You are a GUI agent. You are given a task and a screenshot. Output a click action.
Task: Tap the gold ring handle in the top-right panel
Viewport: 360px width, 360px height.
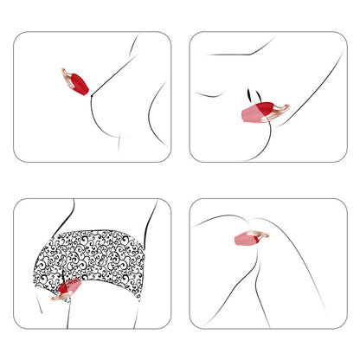click(x=279, y=109)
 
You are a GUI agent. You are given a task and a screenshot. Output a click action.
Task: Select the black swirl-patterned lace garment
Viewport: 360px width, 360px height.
click(x=95, y=260)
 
